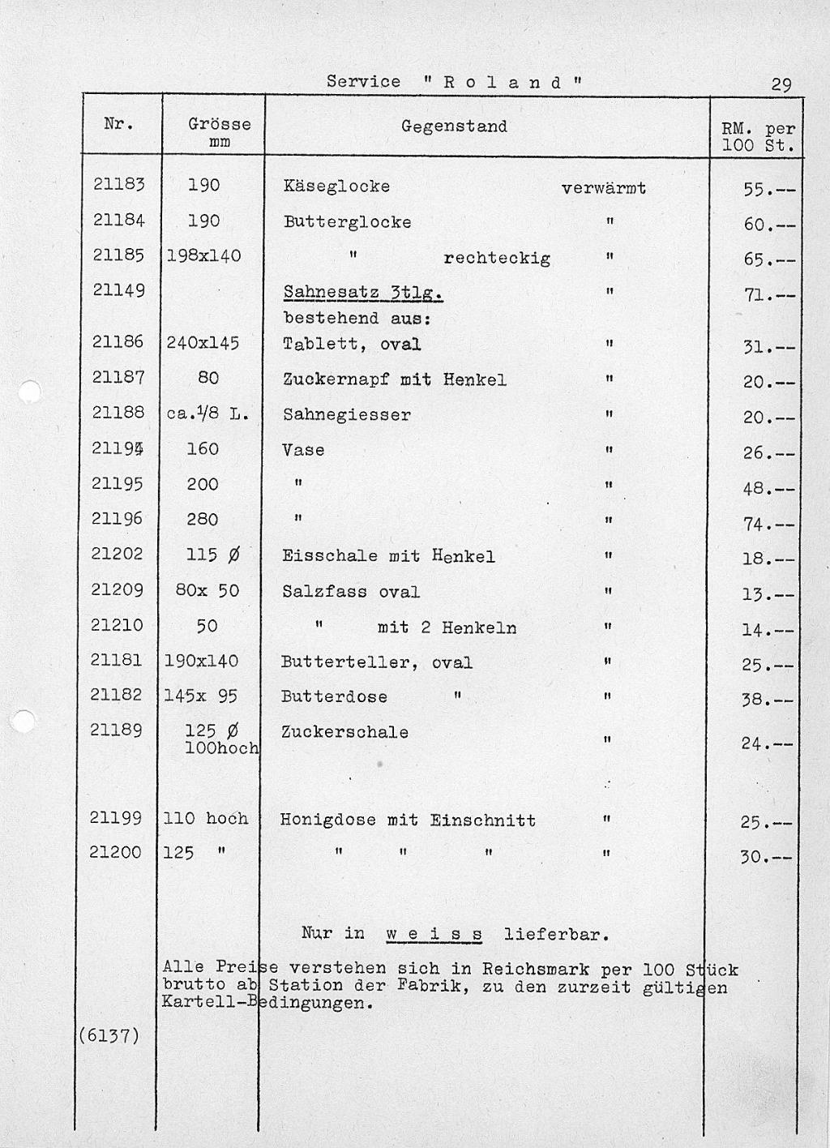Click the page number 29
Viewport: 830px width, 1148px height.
781,84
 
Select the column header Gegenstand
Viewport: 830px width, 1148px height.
454,126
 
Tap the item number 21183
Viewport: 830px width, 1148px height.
118,185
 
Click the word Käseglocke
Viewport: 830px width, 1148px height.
336,186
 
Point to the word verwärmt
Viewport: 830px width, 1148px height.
603,189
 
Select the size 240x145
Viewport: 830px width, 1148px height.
203,343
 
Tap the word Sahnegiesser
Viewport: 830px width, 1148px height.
346,415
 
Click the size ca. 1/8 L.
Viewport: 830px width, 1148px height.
207,413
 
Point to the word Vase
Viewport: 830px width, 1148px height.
303,450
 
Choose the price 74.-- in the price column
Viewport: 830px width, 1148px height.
767,525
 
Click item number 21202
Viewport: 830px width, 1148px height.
118,554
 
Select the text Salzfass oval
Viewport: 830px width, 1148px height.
351,592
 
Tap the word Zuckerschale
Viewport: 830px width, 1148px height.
344,732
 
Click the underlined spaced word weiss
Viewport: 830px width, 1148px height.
434,934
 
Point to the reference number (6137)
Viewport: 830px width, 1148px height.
109,1035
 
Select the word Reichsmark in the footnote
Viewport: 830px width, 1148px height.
535,969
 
